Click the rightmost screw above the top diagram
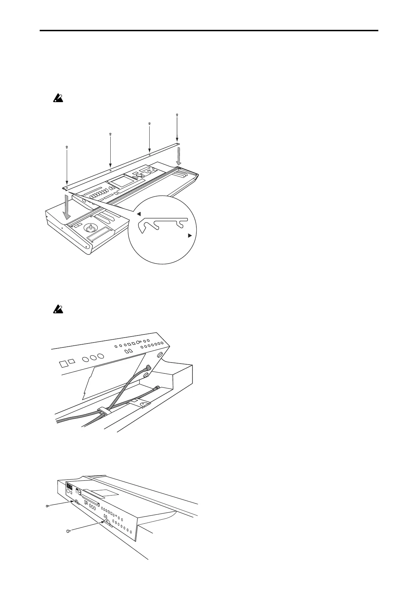pos(177,114)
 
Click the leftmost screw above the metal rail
pos(67,147)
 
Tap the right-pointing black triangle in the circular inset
pos(190,236)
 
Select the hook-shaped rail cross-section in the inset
pos(162,224)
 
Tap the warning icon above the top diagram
pos(58,99)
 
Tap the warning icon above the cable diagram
pos(58,309)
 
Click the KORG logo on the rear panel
pos(67,488)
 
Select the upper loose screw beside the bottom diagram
pos(48,506)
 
